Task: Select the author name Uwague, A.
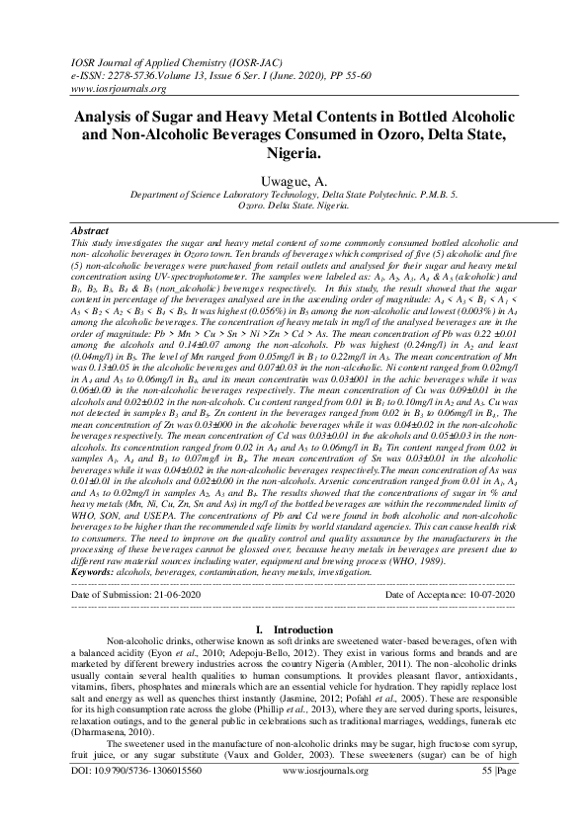point(294,180)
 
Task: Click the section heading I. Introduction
point(294,629)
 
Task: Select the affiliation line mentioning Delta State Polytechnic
point(294,197)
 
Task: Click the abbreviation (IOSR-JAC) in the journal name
point(238,60)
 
